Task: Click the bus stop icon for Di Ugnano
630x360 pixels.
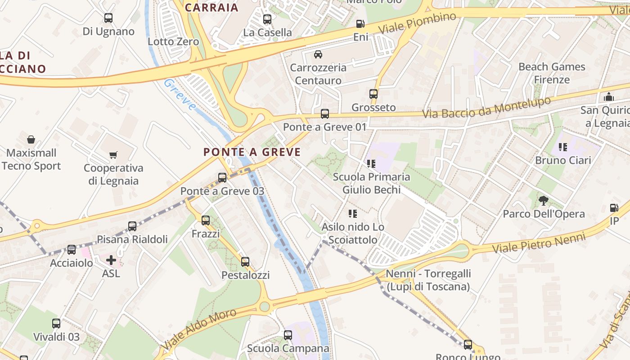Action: coord(108,18)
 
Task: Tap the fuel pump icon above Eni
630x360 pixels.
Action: coord(360,24)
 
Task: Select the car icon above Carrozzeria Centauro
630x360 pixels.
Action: coord(318,54)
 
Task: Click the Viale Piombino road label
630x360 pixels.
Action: coord(417,23)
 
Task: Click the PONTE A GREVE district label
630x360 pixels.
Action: coord(252,152)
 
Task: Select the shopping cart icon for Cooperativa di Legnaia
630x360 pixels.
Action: coord(113,155)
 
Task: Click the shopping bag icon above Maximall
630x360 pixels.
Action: coord(31,139)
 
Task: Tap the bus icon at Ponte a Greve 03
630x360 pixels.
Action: coord(222,178)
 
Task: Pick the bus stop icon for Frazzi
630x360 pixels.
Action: coord(206,220)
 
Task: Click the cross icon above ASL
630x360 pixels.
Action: coord(111,260)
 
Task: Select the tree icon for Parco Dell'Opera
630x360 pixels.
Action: coord(544,201)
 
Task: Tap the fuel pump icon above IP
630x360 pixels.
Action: coord(614,208)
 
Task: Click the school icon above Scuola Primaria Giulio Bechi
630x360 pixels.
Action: coord(371,163)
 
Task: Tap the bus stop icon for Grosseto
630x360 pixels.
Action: coord(373,94)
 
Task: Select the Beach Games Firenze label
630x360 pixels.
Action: coord(552,73)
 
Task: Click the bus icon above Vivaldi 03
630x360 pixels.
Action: coord(56,324)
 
